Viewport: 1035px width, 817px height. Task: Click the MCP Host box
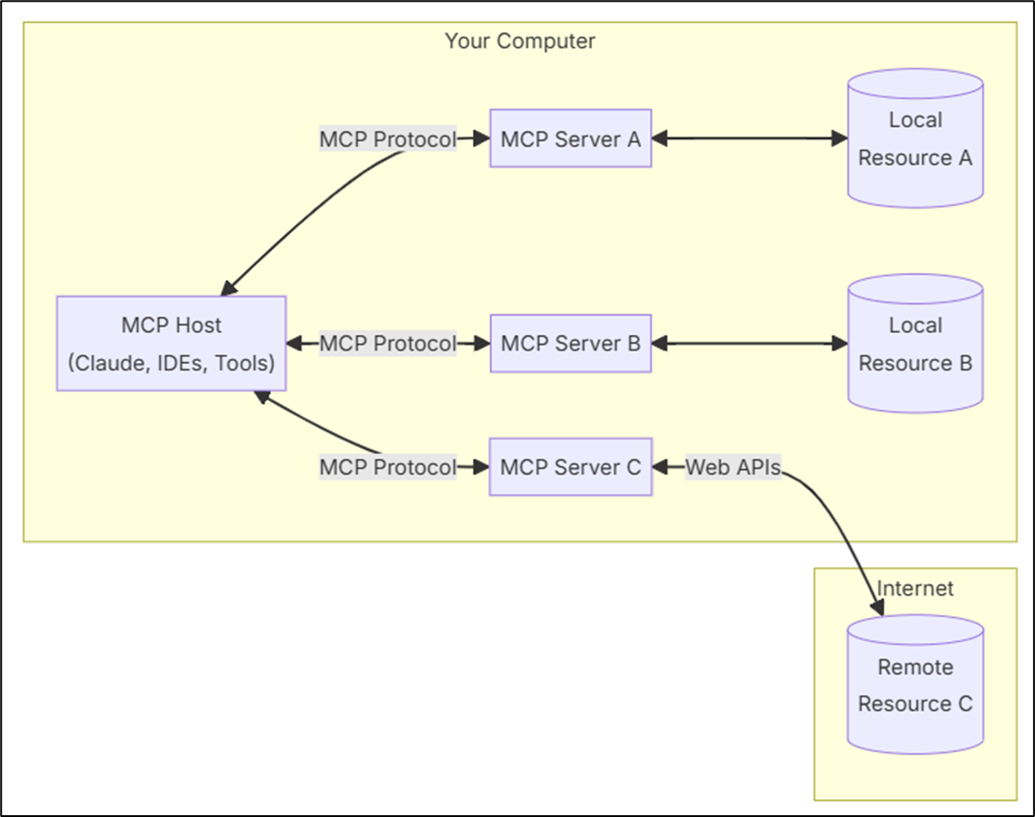point(171,343)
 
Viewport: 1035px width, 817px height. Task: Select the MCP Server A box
point(570,138)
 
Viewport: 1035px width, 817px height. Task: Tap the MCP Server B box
point(570,343)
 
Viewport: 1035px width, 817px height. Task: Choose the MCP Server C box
point(570,467)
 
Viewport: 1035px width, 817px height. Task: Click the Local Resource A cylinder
point(915,139)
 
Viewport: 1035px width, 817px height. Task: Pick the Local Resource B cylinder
point(915,344)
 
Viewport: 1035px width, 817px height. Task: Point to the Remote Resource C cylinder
point(915,685)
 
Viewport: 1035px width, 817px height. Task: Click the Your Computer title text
point(520,41)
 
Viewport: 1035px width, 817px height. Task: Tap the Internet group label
point(915,588)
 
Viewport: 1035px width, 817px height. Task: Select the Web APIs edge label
point(733,468)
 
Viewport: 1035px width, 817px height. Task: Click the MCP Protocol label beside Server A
point(388,140)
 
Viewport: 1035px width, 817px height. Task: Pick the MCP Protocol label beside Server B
point(388,343)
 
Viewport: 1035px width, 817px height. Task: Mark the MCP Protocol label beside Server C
point(388,468)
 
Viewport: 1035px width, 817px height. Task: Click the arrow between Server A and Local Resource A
point(749,139)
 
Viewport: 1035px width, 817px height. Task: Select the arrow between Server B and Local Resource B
point(749,343)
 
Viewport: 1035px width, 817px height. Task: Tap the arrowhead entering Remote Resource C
point(877,607)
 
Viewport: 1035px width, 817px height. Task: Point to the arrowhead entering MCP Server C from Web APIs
point(660,468)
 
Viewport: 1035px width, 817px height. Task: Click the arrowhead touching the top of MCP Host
point(229,287)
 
